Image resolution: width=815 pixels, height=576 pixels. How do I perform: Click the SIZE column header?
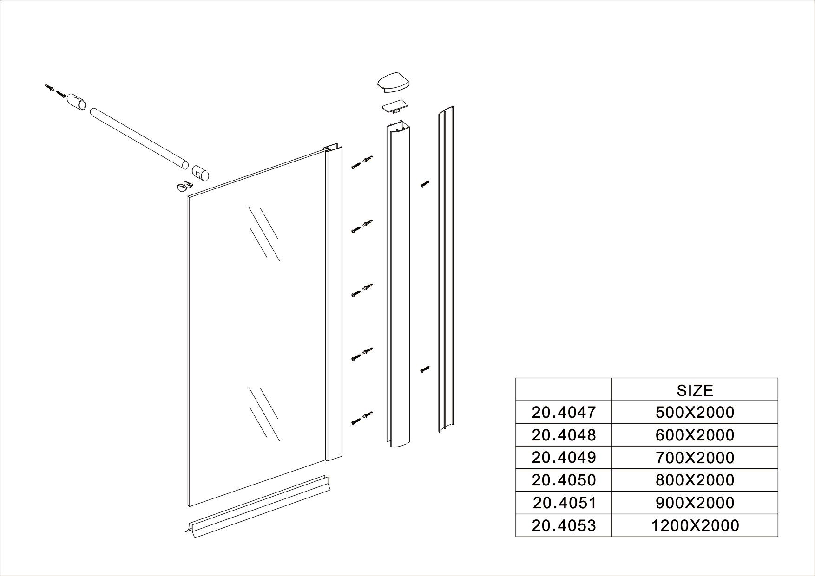pyautogui.click(x=695, y=390)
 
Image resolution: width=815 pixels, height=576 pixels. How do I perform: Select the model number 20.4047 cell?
pyautogui.click(x=564, y=412)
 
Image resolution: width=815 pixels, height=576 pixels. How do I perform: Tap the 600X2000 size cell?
pyautogui.click(x=695, y=435)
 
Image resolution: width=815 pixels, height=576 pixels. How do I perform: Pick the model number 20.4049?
pyautogui.click(x=564, y=458)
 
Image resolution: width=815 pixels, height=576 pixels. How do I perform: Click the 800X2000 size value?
pyautogui.click(x=695, y=480)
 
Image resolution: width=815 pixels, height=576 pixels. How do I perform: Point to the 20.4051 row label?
pyautogui.click(x=564, y=503)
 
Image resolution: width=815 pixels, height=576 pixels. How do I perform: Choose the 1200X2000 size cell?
pyautogui.click(x=695, y=525)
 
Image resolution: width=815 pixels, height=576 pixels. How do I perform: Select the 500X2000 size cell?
pyautogui.click(x=695, y=412)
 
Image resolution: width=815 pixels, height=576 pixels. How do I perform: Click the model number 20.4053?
pyautogui.click(x=564, y=525)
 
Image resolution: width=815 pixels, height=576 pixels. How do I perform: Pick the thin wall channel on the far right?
pyautogui.click(x=446, y=269)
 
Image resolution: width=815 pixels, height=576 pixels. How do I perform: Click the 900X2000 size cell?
pyautogui.click(x=695, y=503)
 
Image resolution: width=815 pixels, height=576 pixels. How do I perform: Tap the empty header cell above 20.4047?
pyautogui.click(x=564, y=389)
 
